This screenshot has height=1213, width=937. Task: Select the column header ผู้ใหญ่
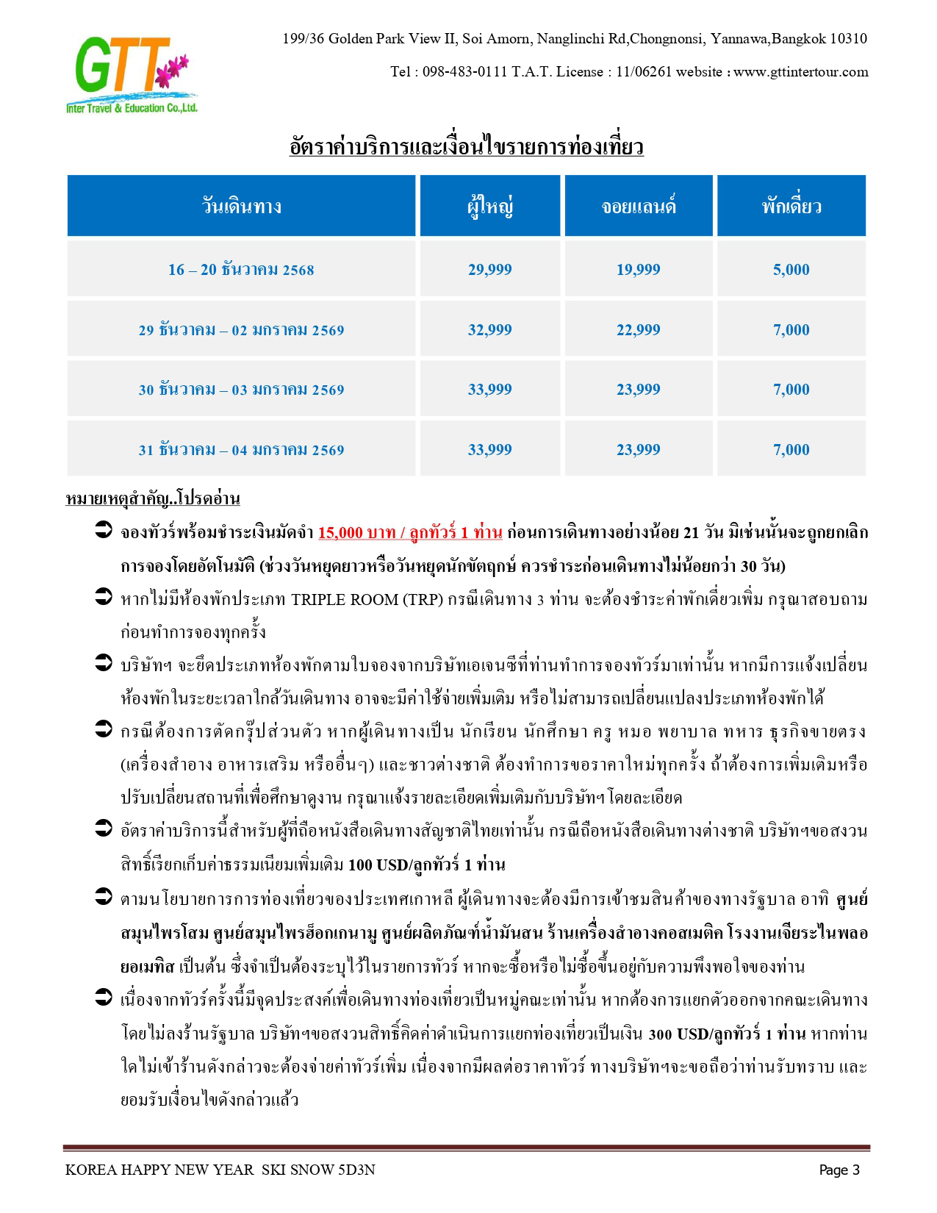tap(490, 207)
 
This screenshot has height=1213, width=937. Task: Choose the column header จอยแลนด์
tap(639, 207)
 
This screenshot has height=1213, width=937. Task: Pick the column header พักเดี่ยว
tap(791, 207)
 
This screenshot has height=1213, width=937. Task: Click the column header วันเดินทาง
tap(242, 207)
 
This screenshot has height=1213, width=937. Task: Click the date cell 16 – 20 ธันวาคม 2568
tap(241, 270)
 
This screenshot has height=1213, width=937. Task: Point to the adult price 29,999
tap(490, 270)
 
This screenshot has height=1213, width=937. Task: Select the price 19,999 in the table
tap(639, 270)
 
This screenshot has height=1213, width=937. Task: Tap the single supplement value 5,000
tap(791, 270)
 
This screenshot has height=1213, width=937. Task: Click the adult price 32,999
tap(490, 330)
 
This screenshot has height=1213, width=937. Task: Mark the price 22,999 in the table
tap(639, 330)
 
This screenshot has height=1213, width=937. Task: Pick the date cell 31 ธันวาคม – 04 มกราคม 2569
tap(241, 450)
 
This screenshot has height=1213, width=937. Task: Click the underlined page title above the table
tap(467, 147)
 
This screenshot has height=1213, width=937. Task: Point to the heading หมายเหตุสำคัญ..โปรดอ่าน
tap(153, 499)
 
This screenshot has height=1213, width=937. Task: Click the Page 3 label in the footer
tap(839, 1170)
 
